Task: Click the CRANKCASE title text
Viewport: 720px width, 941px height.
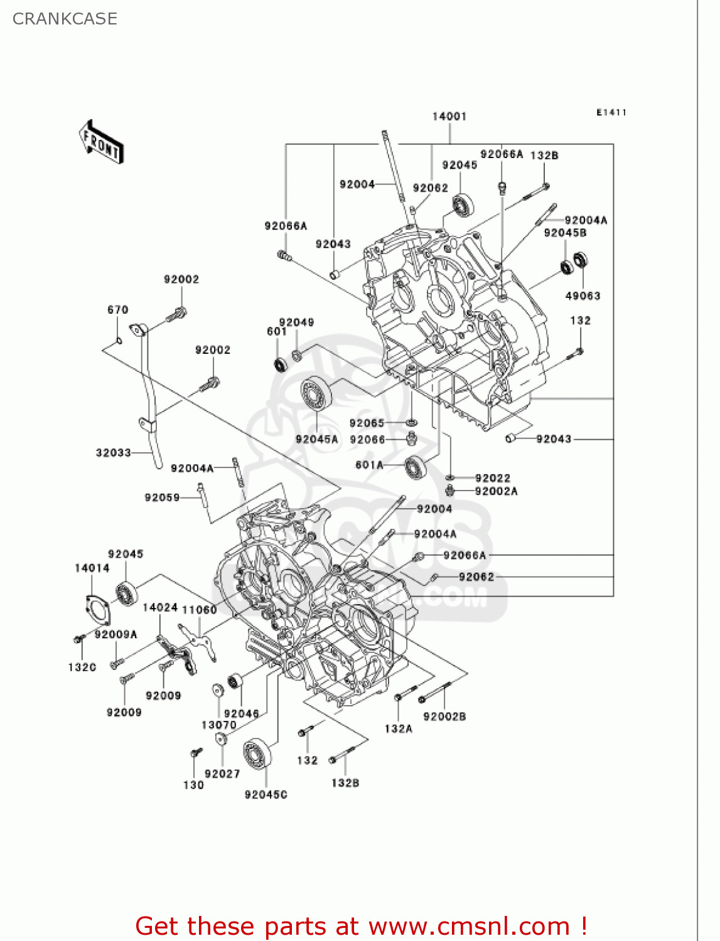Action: [x=65, y=19]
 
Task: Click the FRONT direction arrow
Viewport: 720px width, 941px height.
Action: [x=101, y=142]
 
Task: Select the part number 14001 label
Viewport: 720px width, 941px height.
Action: [x=449, y=116]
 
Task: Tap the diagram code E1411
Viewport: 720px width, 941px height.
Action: [x=611, y=112]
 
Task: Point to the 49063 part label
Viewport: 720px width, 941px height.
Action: [x=583, y=295]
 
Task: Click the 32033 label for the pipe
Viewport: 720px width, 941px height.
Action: [x=113, y=452]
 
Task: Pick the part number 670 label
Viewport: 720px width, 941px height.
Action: [x=117, y=309]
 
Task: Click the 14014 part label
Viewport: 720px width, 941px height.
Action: [x=92, y=568]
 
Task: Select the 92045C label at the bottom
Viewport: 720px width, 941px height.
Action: [x=266, y=795]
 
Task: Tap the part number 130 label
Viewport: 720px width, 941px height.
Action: [x=193, y=785]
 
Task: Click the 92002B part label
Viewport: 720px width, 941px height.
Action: [x=444, y=716]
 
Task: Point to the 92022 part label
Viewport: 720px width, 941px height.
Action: [x=492, y=478]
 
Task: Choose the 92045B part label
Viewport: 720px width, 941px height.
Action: [x=565, y=233]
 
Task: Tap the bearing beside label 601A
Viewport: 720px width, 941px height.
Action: [x=415, y=467]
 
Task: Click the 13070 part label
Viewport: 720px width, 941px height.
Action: [x=218, y=725]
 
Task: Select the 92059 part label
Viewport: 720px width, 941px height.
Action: [x=162, y=497]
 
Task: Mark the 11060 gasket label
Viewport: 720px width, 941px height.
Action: [x=199, y=609]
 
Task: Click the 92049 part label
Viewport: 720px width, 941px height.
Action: [x=296, y=322]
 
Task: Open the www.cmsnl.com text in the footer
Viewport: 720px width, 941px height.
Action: [x=468, y=926]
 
